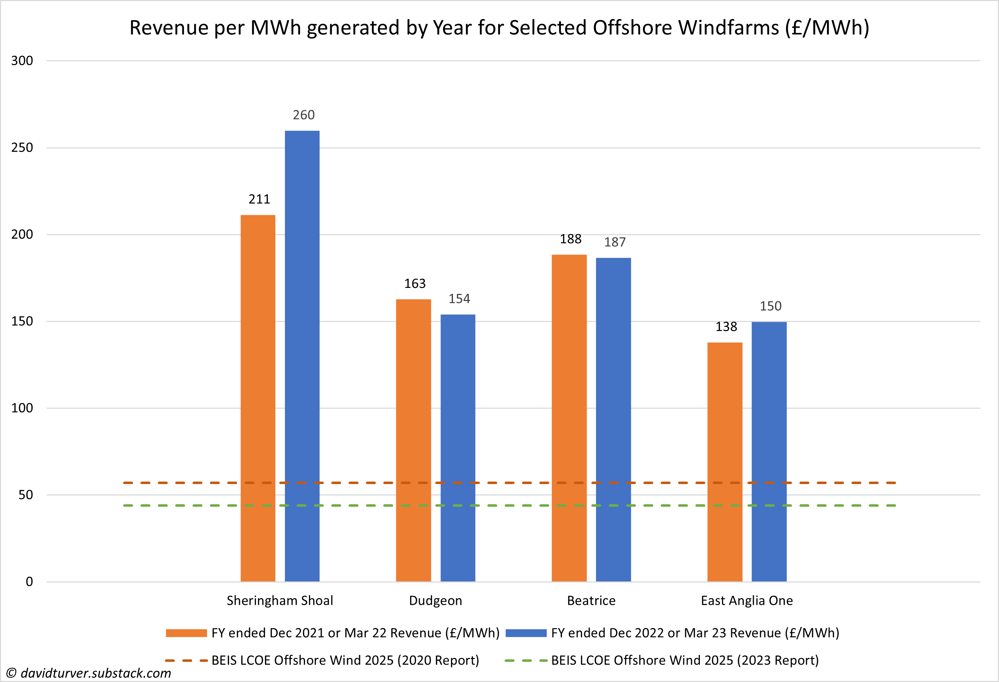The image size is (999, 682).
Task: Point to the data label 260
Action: coord(304,115)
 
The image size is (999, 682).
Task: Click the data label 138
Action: coord(726,327)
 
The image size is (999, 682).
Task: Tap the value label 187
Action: coord(615,242)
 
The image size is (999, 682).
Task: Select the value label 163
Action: coord(414,283)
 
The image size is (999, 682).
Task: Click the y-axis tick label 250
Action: coord(22,148)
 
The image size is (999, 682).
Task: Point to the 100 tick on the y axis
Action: coord(22,408)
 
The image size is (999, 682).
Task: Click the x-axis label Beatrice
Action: coord(591,600)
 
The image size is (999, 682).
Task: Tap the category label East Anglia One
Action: coord(747,600)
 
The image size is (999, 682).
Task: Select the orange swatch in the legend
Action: coord(186,633)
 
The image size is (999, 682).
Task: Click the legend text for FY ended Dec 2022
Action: coord(695,633)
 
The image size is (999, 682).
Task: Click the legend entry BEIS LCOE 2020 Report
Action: coord(345,660)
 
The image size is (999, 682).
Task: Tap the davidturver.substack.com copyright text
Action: coord(89,673)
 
